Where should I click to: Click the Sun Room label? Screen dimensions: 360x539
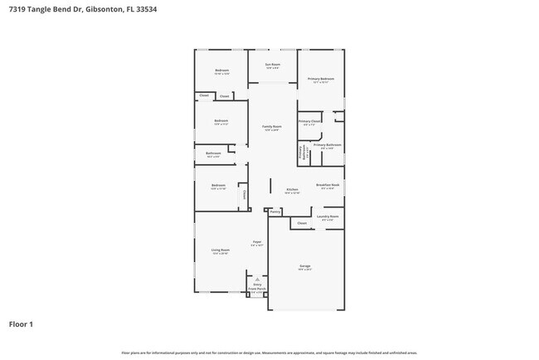(272, 65)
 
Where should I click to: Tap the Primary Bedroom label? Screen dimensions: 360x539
(320, 79)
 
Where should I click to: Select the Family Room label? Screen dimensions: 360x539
(272, 126)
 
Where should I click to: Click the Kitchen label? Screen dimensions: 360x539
(292, 190)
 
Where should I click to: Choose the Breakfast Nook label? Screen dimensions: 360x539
(328, 185)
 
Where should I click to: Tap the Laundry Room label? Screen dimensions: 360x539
(328, 217)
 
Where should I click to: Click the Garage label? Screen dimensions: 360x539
(305, 266)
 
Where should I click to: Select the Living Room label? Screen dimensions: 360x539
(220, 250)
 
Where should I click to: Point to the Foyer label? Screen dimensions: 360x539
(257, 243)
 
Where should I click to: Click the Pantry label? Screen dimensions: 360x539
(275, 212)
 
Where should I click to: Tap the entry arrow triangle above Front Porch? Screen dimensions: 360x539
(258, 280)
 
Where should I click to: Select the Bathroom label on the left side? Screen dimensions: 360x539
(213, 153)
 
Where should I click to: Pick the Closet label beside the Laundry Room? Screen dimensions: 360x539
(302, 222)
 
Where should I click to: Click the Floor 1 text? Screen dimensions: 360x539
(22, 324)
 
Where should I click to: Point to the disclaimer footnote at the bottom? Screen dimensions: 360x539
(269, 353)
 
